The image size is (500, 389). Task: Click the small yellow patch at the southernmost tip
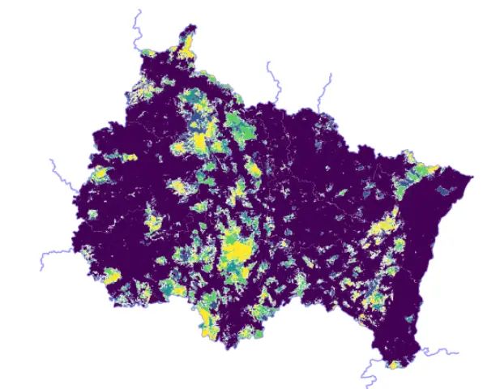395,365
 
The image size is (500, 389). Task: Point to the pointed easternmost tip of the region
471,177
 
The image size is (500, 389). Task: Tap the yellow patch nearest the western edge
100,173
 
